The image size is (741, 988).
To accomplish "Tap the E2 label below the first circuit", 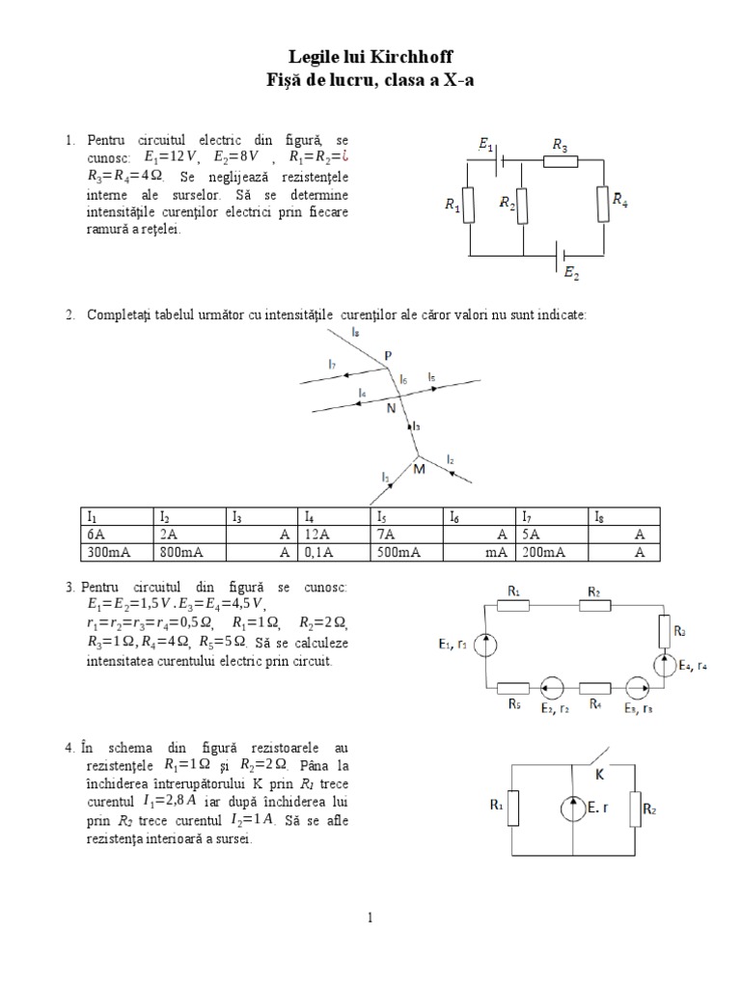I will [x=572, y=274].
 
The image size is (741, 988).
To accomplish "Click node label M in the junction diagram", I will [x=418, y=469].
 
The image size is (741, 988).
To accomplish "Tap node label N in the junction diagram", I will [x=391, y=408].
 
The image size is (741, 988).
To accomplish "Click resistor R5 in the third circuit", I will [x=514, y=688].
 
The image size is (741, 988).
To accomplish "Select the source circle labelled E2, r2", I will [x=552, y=688].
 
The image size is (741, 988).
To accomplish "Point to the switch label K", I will [x=597, y=773].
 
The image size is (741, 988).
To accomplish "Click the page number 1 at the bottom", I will [x=370, y=918].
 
